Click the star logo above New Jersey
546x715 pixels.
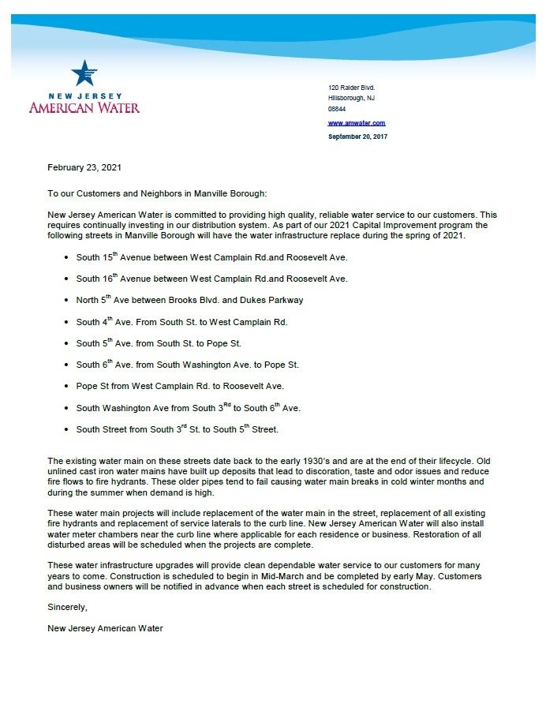[x=84, y=73]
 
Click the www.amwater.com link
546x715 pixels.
[x=356, y=123]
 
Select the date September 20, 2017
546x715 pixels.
[x=357, y=137]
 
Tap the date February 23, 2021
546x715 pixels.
[x=84, y=167]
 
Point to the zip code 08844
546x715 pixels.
[x=337, y=110]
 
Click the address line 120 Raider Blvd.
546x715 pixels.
[x=351, y=87]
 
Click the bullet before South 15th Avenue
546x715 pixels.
[x=65, y=258]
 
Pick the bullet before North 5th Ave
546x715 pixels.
[x=65, y=301]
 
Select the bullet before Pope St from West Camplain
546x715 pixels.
[x=65, y=387]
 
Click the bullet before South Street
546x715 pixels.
[x=65, y=430]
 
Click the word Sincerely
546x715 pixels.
[x=67, y=608]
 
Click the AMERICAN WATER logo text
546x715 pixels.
[x=84, y=107]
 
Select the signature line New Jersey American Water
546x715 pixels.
[x=105, y=628]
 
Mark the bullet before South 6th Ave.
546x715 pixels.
[x=65, y=365]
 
